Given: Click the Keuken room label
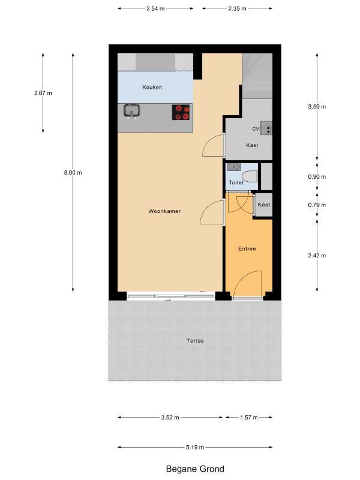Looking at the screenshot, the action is coord(152,87).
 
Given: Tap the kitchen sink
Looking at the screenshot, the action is coord(131,111).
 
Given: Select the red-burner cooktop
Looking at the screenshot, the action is coord(181,112).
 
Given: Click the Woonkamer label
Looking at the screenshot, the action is coord(164,211).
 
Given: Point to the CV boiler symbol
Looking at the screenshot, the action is coord(266,128).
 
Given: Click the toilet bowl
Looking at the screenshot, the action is coord(250,176).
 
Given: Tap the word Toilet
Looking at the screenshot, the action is coord(236,182).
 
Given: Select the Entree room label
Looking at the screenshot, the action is coord(247,248).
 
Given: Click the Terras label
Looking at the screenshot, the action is coord(195,340).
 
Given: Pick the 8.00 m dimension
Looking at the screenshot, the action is coord(73,172).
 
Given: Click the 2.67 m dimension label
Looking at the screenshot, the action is coord(43,93).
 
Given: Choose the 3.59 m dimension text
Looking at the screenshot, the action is coord(317,107).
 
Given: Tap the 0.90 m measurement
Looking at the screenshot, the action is coord(317,176).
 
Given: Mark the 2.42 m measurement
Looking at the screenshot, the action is coord(317,256).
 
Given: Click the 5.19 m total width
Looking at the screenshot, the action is coord(195,447).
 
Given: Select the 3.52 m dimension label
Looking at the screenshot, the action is coord(170,417).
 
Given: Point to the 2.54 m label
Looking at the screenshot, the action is coord(155,8).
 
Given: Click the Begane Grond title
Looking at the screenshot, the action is coord(195,469).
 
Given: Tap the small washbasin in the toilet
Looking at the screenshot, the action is coord(234,167).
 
